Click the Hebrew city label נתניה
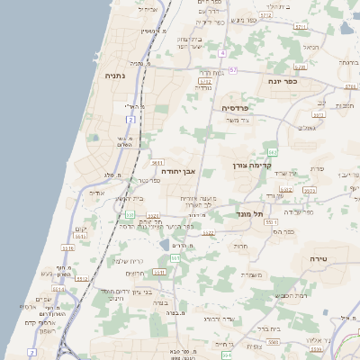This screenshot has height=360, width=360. (x=115, y=76)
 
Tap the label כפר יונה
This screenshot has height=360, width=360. (x=283, y=81)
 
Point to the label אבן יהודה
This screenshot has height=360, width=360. (x=178, y=170)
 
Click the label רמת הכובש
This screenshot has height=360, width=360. (x=292, y=295)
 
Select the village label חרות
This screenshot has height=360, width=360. (x=240, y=246)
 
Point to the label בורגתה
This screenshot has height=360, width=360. (x=349, y=63)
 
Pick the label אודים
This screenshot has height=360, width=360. (x=98, y=193)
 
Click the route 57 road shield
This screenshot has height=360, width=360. (x=232, y=69)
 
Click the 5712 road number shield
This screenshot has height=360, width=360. (x=265, y=15)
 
